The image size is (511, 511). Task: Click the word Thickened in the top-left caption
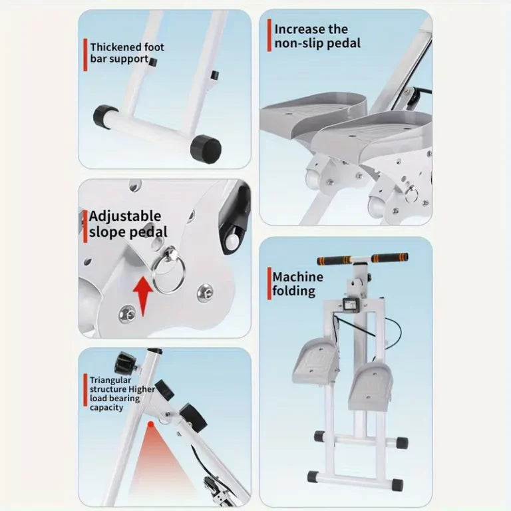click(116, 47)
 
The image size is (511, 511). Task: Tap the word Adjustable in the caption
click(125, 216)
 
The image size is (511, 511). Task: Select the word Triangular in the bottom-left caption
click(110, 380)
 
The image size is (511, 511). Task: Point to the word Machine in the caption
click(298, 277)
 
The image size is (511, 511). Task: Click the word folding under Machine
click(294, 291)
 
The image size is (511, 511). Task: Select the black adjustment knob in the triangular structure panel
click(126, 363)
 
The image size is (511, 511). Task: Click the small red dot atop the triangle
click(150, 424)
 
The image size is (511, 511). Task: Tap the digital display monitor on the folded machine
click(351, 305)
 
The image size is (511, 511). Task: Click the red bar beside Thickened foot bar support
click(85, 55)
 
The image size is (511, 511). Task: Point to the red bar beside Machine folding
click(269, 283)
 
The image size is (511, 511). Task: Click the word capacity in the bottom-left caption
click(106, 408)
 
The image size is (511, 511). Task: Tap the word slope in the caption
click(107, 232)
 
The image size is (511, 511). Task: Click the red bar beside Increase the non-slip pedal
click(269, 35)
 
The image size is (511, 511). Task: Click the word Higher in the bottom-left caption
click(142, 389)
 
